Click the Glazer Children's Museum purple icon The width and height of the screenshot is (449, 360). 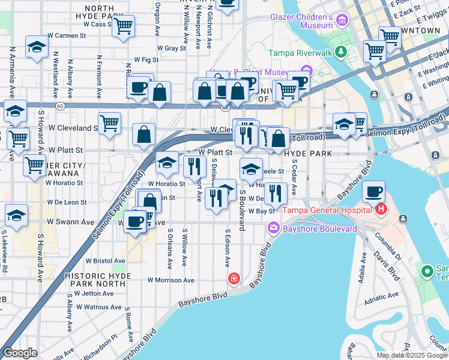pyautogui.click(x=342, y=22)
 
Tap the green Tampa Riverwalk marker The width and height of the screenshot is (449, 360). pyautogui.click(x=341, y=52)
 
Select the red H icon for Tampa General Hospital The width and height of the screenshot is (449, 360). pyautogui.click(x=380, y=209)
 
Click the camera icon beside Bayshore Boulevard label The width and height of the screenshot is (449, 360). pyautogui.click(x=274, y=228)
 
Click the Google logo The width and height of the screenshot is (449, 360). pyautogui.click(x=20, y=353)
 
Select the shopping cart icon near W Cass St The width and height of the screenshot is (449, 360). pyautogui.click(x=124, y=26)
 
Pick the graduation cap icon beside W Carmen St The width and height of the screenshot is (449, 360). pyautogui.click(x=37, y=48)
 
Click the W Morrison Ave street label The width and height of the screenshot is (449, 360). pyautogui.click(x=171, y=280)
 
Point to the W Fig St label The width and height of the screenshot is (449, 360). pyautogui.click(x=146, y=60)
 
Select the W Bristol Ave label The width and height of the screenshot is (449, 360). pyautogui.click(x=106, y=261)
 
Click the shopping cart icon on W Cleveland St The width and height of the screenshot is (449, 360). pyautogui.click(x=109, y=124)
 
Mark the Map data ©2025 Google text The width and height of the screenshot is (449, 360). pyautogui.click(x=411, y=355)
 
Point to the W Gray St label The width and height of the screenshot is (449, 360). pyautogui.click(x=171, y=48)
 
